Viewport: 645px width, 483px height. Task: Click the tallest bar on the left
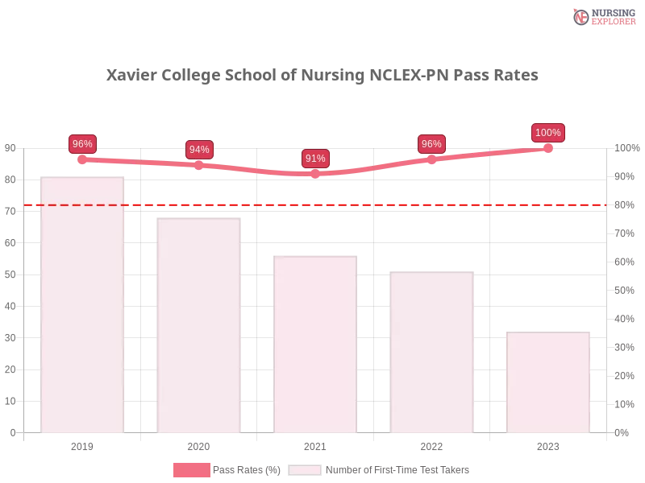pos(83,306)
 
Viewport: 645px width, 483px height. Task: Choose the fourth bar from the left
pos(431,354)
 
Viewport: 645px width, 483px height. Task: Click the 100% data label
pos(548,133)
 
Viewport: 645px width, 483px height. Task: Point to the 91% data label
pos(315,159)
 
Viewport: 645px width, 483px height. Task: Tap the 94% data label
pos(199,150)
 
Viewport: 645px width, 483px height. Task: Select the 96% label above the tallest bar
pos(82,144)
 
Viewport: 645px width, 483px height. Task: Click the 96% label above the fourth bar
pos(431,144)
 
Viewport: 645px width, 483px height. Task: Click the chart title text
pos(322,76)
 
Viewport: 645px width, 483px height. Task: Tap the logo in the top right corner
pos(602,17)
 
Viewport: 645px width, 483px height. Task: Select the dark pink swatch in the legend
pos(190,470)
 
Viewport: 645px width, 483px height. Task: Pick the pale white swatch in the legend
pos(305,470)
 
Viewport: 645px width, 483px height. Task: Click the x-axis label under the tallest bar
pos(83,445)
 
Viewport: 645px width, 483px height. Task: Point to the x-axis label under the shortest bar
pos(547,445)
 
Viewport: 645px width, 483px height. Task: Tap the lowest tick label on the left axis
pos(11,431)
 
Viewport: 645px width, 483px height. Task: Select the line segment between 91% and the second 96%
pos(373,167)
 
